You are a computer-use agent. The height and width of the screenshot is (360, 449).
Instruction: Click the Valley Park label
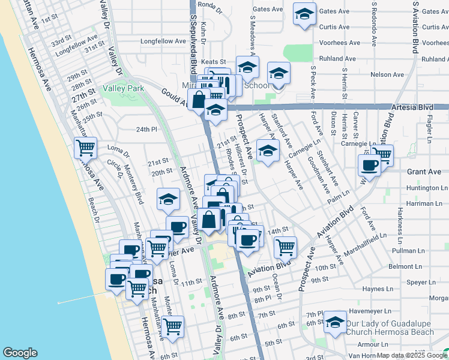(x=123, y=88)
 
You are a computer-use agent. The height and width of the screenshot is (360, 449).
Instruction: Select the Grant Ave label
(x=424, y=172)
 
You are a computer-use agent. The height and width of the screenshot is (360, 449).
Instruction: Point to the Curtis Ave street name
(x=334, y=27)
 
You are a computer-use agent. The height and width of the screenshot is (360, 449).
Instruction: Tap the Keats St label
(x=213, y=62)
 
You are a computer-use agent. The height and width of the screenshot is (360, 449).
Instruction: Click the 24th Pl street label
(x=146, y=129)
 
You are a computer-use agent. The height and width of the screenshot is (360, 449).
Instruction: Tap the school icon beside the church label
(x=335, y=322)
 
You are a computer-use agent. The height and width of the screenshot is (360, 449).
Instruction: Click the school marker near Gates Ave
(x=304, y=14)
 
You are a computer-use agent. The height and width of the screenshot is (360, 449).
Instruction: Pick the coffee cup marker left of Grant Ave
(x=370, y=166)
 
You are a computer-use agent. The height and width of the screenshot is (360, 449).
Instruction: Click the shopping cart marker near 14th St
(x=286, y=246)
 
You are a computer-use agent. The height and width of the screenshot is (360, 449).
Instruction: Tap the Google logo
(x=20, y=353)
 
